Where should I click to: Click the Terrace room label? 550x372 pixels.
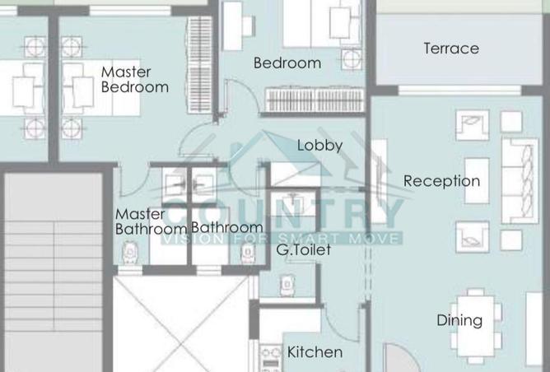(x=451, y=49)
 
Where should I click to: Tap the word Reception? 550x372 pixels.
(x=441, y=181)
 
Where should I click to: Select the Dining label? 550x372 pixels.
(x=459, y=320)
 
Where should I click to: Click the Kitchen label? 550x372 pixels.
(x=315, y=352)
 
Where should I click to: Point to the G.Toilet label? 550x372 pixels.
(x=303, y=249)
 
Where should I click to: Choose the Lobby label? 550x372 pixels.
(x=319, y=146)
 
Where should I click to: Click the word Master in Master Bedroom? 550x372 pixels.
(x=126, y=72)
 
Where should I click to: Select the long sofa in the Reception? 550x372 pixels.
(x=519, y=181)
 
